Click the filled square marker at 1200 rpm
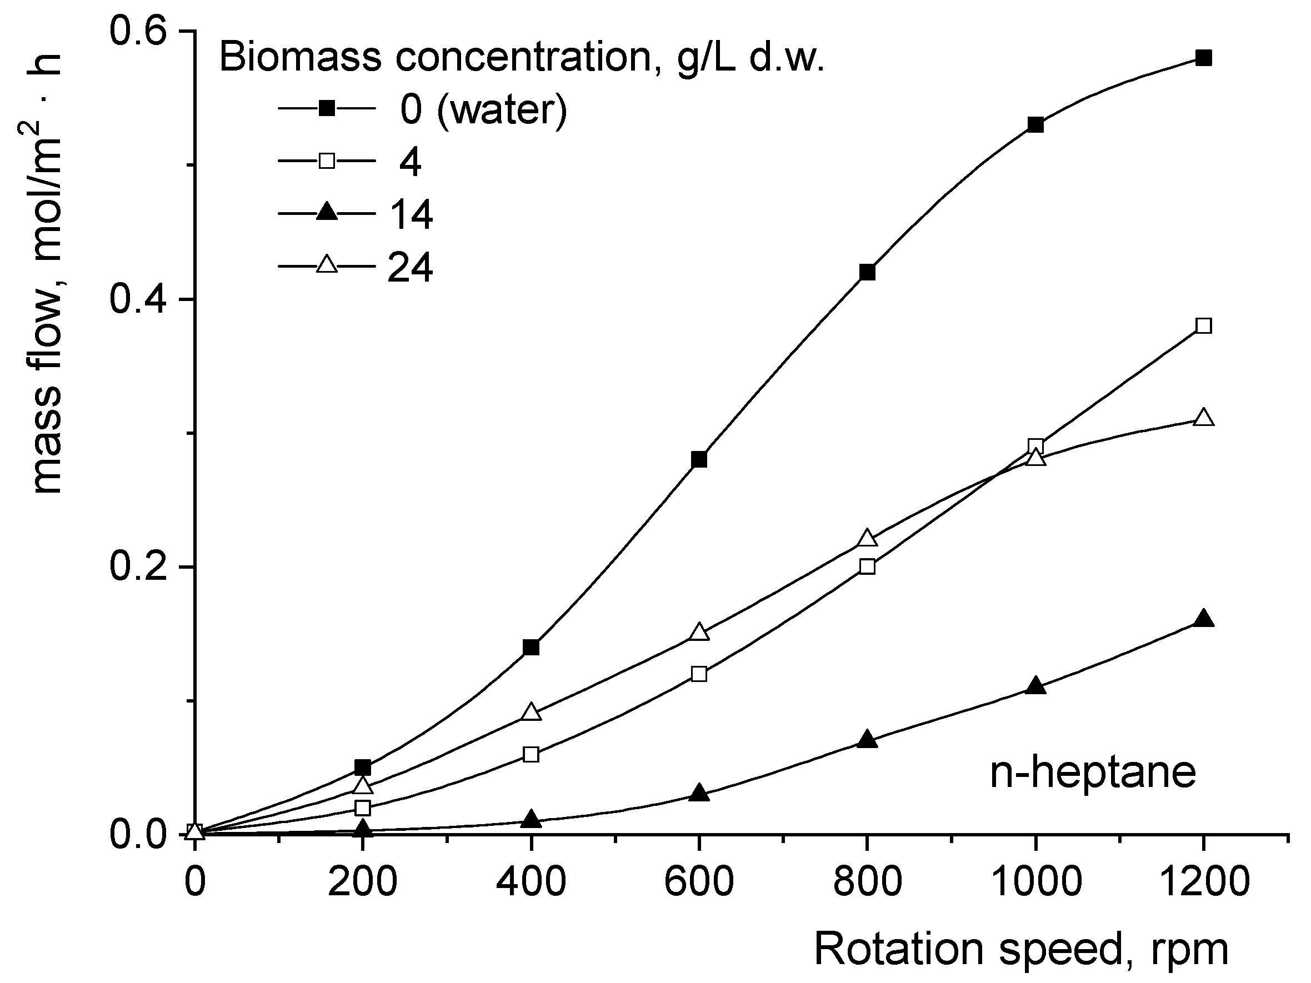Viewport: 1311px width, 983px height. [1204, 58]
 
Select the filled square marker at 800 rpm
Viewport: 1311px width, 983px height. [867, 273]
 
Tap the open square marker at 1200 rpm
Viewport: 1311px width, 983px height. [1204, 326]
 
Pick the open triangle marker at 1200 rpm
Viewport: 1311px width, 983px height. [1204, 418]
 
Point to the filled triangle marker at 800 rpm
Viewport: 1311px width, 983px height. [867, 740]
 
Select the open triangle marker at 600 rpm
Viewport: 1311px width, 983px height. [699, 632]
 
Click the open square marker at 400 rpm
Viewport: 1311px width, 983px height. [532, 754]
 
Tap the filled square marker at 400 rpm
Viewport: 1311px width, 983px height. [532, 647]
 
